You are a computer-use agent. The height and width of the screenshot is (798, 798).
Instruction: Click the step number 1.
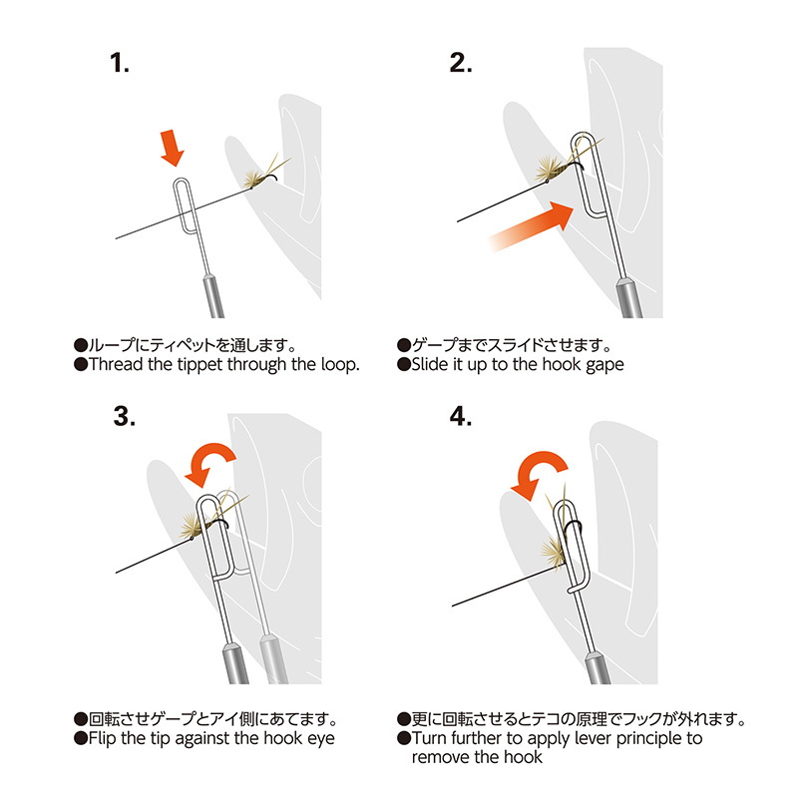[x=119, y=63]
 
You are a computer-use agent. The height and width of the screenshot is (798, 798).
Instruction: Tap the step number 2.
[x=461, y=63]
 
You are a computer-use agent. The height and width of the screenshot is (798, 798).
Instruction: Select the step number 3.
[x=124, y=416]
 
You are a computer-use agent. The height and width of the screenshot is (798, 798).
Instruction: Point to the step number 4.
[x=461, y=416]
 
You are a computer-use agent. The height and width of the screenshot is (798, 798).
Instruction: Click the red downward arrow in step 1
[x=172, y=148]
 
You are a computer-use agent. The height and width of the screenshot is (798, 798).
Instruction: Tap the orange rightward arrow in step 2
[x=531, y=226]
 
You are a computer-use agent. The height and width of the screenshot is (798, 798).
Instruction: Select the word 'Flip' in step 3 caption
[x=103, y=738]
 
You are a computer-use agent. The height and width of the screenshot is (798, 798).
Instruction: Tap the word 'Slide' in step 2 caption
[x=430, y=364]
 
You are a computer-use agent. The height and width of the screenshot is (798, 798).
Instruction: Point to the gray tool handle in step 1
[x=213, y=296]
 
